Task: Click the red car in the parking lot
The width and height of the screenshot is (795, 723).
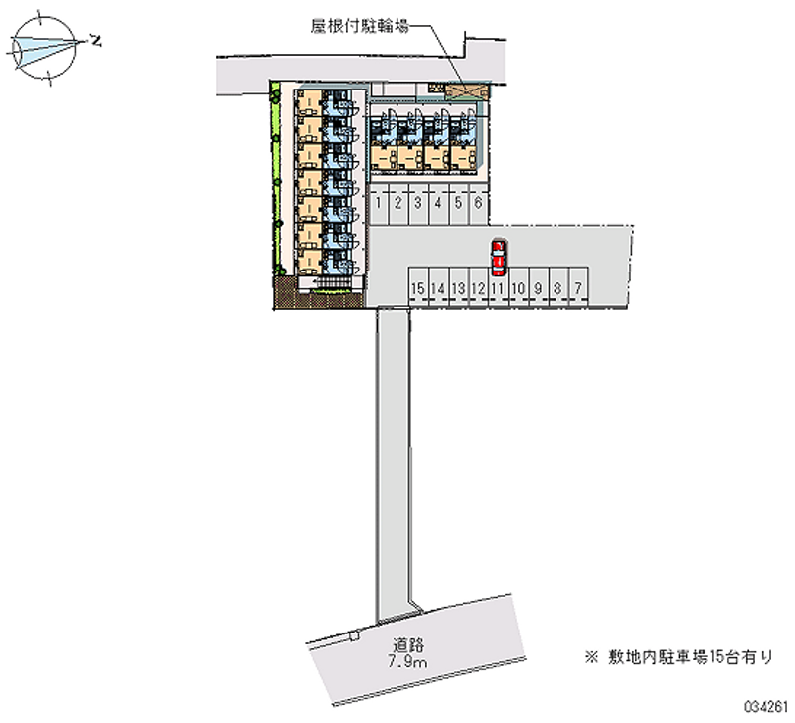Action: click(499, 259)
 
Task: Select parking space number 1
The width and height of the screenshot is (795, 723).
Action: click(379, 204)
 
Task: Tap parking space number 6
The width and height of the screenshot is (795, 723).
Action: click(478, 204)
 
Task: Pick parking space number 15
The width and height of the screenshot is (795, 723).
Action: click(418, 287)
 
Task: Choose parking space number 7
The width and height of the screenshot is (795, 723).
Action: click(578, 287)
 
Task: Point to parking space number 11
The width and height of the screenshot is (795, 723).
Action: click(498, 287)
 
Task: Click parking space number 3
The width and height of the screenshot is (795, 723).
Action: click(418, 204)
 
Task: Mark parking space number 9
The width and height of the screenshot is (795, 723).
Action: click(538, 287)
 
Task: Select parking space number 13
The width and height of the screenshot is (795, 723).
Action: click(458, 287)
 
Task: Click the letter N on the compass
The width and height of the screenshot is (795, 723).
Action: click(94, 40)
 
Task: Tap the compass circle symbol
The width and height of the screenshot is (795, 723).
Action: click(44, 48)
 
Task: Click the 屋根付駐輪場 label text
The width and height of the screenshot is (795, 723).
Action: click(360, 26)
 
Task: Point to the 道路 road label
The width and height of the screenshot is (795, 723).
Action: click(408, 645)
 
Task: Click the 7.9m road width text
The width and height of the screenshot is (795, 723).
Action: click(407, 662)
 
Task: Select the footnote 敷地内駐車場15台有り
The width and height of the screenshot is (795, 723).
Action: click(679, 657)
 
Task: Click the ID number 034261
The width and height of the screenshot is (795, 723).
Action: click(765, 706)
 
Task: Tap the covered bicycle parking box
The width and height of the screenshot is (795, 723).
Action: click(467, 91)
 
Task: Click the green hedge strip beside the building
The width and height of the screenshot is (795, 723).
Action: click(276, 178)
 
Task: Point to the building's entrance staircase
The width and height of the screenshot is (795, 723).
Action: click(331, 282)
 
